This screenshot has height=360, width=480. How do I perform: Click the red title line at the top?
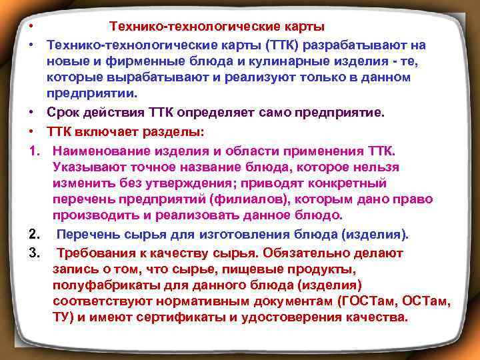pos(217,27)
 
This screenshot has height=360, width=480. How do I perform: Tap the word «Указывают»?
pos(86,164)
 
